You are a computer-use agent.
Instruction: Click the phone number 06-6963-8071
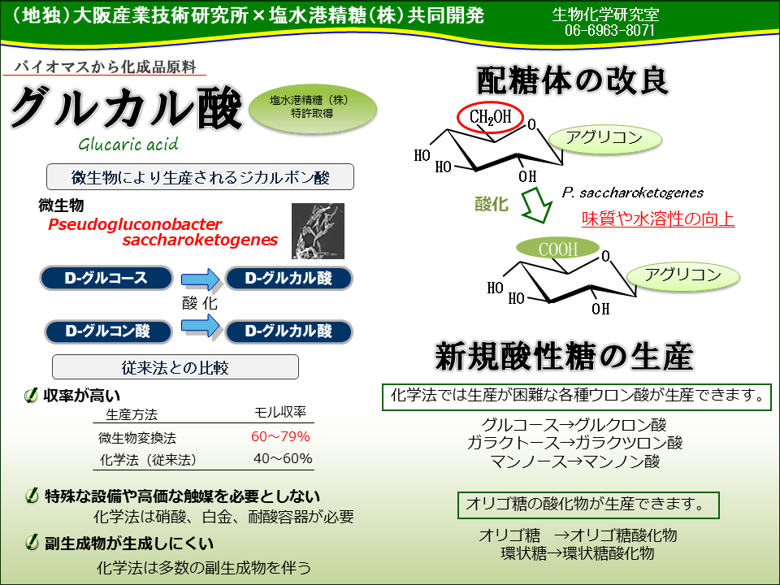609,30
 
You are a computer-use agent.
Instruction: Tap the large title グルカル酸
127,107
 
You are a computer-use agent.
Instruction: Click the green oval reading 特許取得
312,109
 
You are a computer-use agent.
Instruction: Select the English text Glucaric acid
128,145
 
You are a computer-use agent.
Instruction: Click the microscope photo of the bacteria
318,231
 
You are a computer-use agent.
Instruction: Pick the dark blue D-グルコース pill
106,278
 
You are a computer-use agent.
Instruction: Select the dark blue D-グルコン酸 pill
108,331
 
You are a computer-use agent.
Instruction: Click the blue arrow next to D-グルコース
201,279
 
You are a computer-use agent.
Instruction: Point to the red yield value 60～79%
280,437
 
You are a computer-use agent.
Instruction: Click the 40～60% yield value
283,458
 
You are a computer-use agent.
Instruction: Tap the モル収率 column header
280,413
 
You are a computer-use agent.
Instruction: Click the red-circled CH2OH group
491,117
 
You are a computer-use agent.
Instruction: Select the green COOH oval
558,249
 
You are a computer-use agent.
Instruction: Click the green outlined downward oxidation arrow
536,204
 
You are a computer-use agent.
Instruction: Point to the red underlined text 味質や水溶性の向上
658,219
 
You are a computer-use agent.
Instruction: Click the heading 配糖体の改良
572,80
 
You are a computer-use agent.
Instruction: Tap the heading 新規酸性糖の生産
564,357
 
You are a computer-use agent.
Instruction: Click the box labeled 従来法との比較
175,367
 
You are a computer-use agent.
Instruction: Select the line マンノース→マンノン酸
575,461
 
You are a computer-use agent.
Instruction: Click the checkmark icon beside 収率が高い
31,396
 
